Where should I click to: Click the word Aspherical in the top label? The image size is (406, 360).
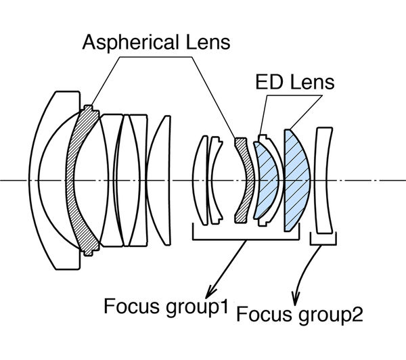coord(131,43)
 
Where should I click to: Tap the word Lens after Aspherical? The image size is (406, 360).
coord(208,42)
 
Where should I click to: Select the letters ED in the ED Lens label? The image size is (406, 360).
coord(268,82)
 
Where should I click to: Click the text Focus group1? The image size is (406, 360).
coord(166,307)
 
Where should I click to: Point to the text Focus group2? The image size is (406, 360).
coord(300,315)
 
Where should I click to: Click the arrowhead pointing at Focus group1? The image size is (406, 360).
coord(210,292)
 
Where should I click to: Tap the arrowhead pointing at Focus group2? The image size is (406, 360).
coord(295,298)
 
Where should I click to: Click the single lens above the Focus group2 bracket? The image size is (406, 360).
coord(323,180)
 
